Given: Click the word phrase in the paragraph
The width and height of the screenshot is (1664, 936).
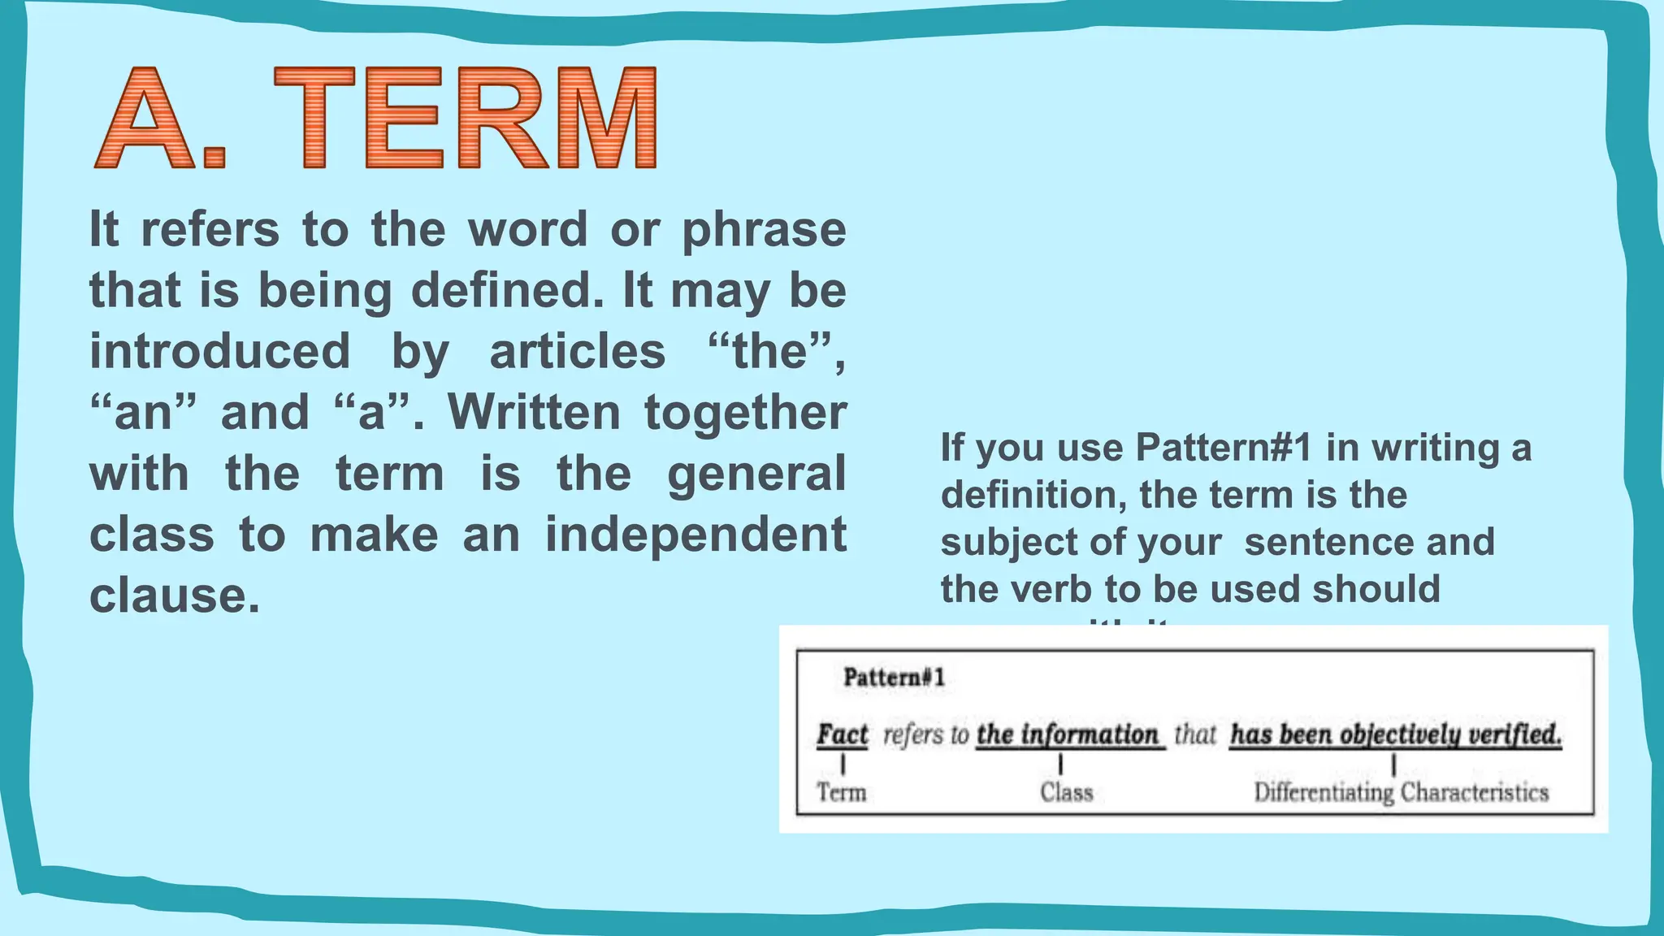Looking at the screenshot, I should [x=764, y=231].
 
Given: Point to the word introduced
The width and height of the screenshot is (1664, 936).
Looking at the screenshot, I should [x=219, y=352].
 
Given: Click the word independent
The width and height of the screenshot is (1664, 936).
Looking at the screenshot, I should [x=695, y=535].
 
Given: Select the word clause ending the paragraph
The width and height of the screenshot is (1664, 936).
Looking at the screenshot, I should [x=174, y=596].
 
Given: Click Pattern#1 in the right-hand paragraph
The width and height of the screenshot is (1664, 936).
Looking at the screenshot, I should [x=1224, y=448].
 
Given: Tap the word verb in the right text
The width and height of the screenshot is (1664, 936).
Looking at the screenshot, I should [x=1053, y=590].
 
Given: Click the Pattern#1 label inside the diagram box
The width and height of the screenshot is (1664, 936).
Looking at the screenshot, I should [x=894, y=678].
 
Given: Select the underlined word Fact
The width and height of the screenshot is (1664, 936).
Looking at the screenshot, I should [x=843, y=734].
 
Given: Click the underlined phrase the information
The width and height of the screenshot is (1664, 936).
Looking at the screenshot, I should [x=1068, y=734].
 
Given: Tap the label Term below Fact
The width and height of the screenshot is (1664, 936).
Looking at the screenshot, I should [x=842, y=792].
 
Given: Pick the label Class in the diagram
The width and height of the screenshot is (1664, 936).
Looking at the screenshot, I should [x=1066, y=792].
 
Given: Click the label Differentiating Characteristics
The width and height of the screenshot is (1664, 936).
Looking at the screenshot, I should [x=1401, y=792].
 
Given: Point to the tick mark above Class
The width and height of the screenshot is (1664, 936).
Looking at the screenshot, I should [x=1061, y=764].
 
